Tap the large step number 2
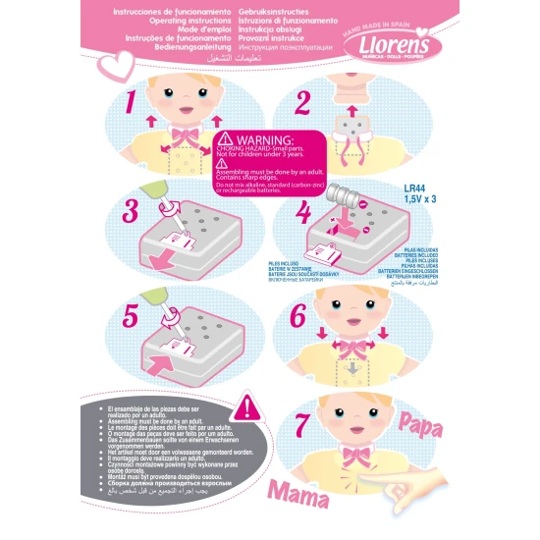coord(302,103)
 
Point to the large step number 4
coord(302,211)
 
